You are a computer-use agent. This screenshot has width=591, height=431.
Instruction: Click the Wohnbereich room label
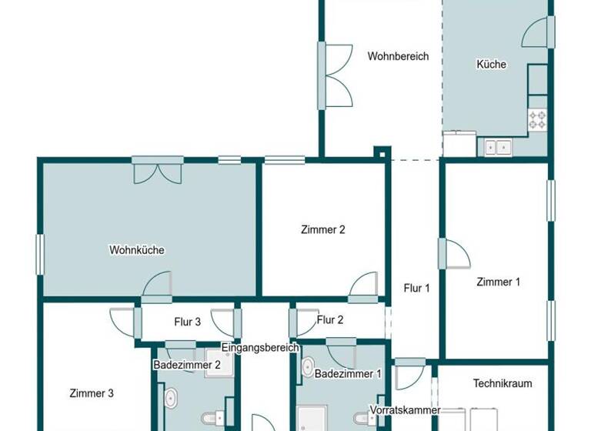click(398, 56)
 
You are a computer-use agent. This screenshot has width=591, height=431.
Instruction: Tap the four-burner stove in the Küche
click(537, 119)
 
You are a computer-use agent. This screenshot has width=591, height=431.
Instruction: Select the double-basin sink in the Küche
click(499, 145)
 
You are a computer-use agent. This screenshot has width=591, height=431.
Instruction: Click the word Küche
click(491, 65)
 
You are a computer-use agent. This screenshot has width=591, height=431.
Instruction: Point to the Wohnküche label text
click(137, 250)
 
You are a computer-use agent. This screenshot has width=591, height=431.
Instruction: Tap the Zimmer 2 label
click(322, 229)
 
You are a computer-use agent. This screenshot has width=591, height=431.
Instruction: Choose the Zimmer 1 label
click(498, 282)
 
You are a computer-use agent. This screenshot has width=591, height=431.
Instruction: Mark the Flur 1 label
click(416, 288)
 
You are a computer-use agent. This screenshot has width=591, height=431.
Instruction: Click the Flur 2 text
click(330, 320)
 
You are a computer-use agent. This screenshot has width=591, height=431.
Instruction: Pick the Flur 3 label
click(187, 322)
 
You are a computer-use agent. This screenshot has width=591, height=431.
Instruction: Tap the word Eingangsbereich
click(260, 348)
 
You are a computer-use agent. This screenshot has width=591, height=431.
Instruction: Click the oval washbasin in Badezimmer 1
click(307, 366)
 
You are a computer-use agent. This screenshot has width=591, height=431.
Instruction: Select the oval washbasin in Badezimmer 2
click(170, 399)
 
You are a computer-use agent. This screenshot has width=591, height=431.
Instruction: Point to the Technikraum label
click(502, 383)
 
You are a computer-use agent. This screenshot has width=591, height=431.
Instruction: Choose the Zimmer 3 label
click(92, 393)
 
